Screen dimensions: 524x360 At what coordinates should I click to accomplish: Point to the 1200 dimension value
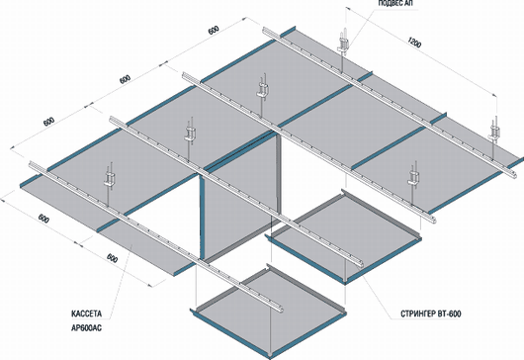(414, 43)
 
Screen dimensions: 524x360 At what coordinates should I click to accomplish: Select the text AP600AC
(86, 328)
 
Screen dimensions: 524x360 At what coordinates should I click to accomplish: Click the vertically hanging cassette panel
(239, 197)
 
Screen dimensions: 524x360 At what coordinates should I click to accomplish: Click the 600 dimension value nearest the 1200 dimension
(214, 30)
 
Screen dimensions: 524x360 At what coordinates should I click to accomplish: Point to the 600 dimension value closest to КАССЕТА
(113, 258)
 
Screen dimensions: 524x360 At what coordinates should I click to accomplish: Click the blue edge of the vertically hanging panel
(202, 218)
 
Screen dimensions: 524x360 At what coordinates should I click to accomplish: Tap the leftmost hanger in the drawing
(110, 182)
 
